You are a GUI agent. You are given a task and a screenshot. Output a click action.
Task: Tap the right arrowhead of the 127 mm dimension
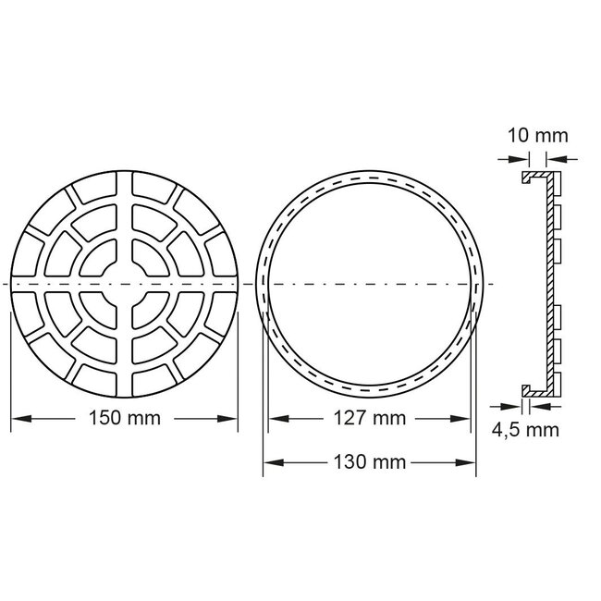(467, 418)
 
